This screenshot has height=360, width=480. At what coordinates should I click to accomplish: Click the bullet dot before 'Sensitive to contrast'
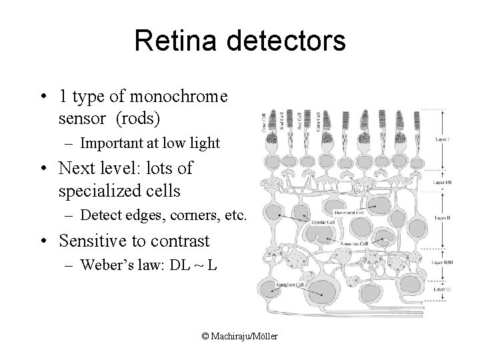click(x=43, y=242)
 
